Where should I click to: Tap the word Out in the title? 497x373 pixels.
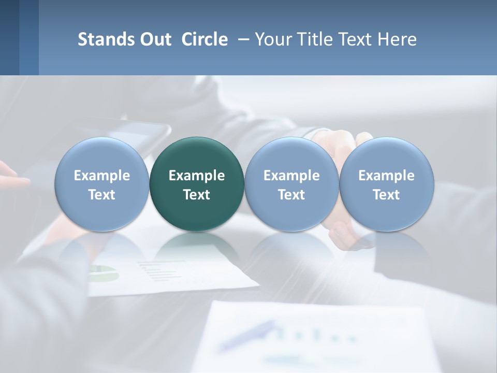(154, 39)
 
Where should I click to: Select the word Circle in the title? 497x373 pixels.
(204, 39)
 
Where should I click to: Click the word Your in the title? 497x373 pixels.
(273, 39)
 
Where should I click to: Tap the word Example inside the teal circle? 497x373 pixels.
(197, 176)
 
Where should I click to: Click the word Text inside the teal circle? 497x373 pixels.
(197, 195)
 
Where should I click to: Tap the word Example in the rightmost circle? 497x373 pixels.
(386, 176)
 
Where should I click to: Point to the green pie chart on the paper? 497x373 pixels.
(104, 272)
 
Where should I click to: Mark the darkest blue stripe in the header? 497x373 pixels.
(9, 37)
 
